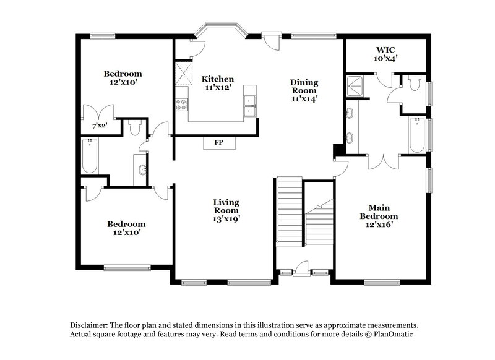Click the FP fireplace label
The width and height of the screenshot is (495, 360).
point(218,143)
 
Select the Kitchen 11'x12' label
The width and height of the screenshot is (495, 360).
point(218,84)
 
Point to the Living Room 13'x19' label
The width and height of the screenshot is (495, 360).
point(226,210)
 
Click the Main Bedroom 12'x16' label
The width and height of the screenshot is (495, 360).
point(379,216)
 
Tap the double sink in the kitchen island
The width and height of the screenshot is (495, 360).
point(250,105)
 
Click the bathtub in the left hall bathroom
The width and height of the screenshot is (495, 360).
point(90,157)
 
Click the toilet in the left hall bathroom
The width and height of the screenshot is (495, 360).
point(136,127)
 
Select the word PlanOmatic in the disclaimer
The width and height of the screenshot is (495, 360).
point(389,334)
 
